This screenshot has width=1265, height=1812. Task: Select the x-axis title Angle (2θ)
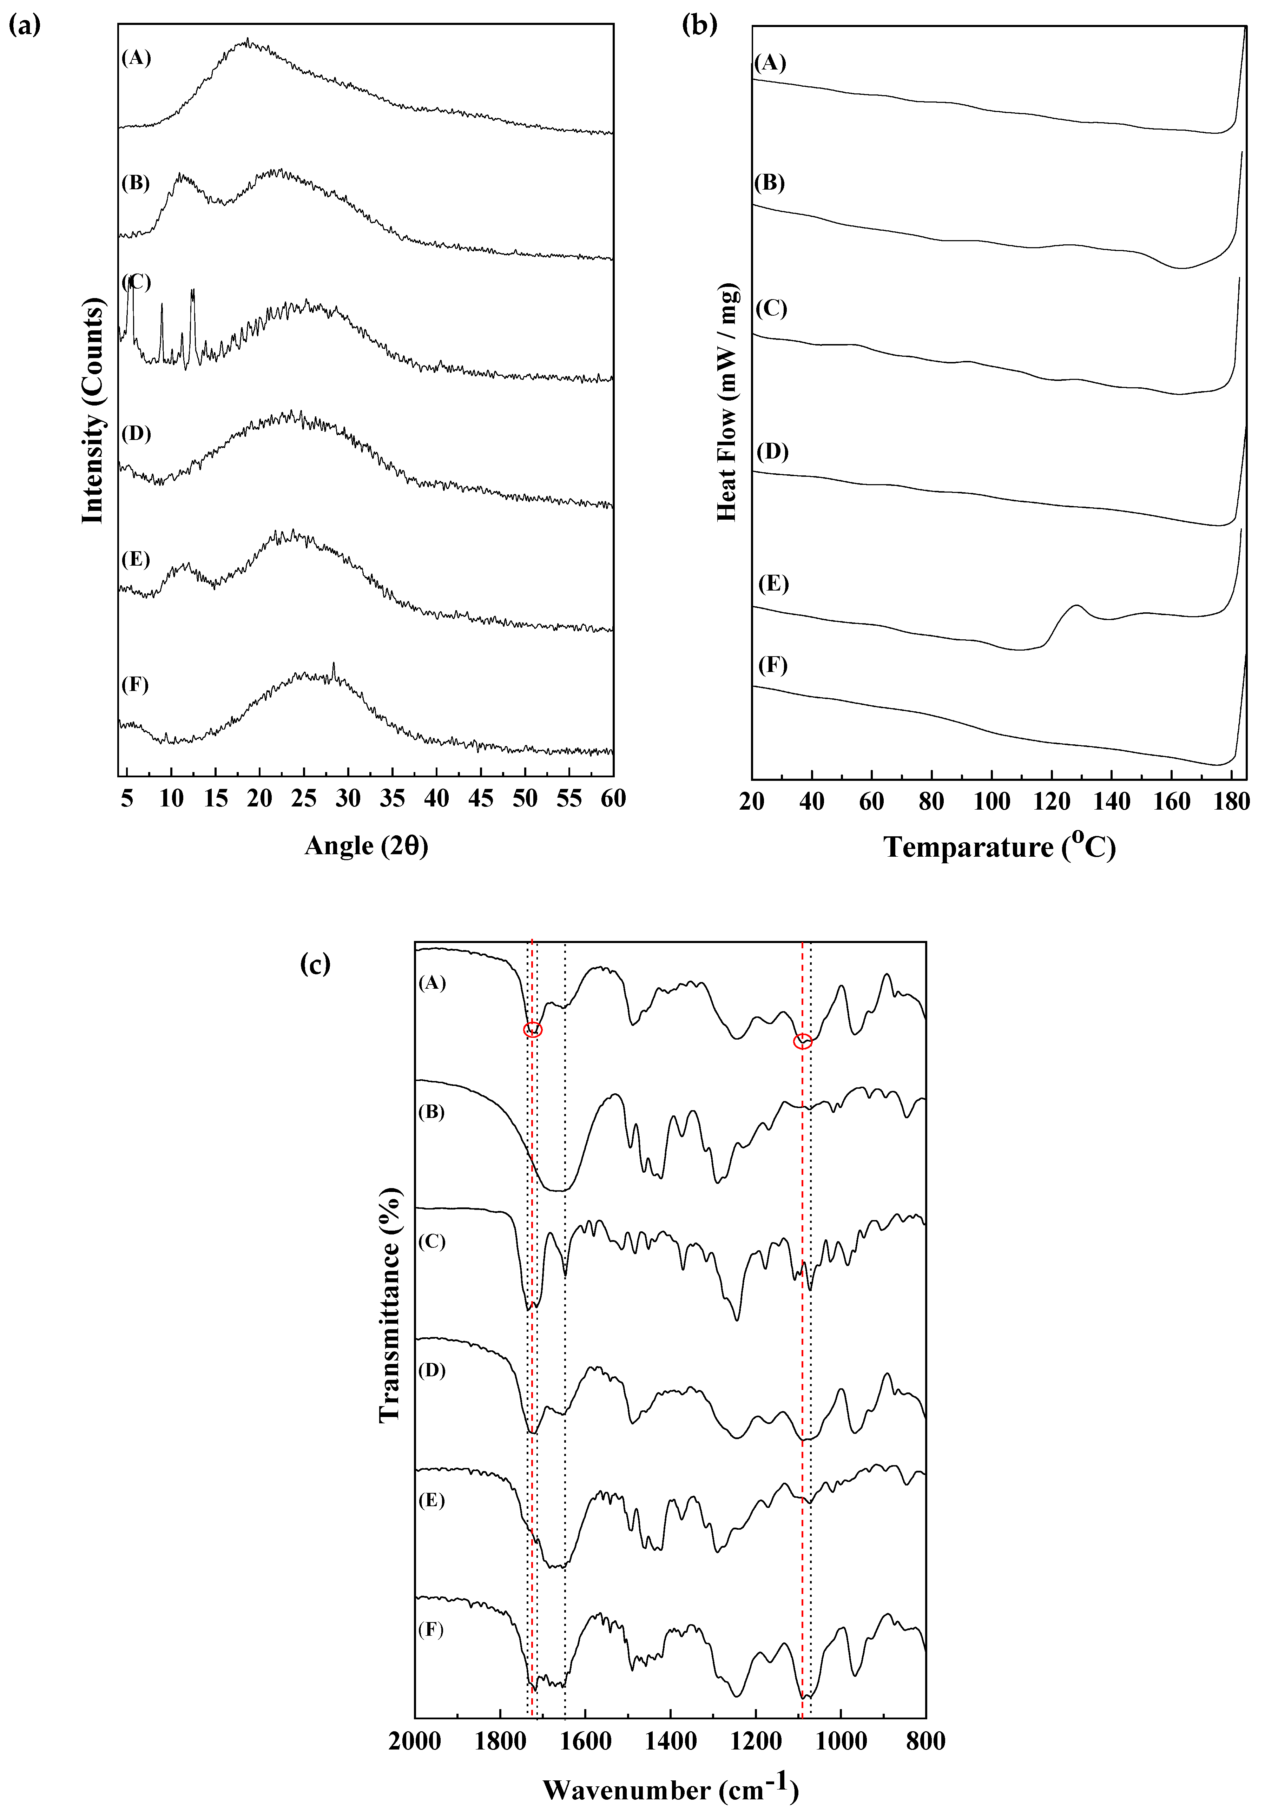(x=366, y=846)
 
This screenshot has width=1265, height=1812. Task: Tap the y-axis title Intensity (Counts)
(x=93, y=410)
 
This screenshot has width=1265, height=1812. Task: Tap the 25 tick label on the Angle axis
(x=303, y=799)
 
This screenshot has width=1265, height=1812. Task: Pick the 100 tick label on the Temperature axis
(x=991, y=802)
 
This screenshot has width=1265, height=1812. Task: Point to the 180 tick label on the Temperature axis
(x=1231, y=802)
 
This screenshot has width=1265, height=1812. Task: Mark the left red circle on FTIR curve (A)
(x=533, y=1029)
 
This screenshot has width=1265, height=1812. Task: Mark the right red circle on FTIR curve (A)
(x=803, y=1042)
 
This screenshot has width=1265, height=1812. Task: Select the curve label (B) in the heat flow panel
(x=769, y=183)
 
